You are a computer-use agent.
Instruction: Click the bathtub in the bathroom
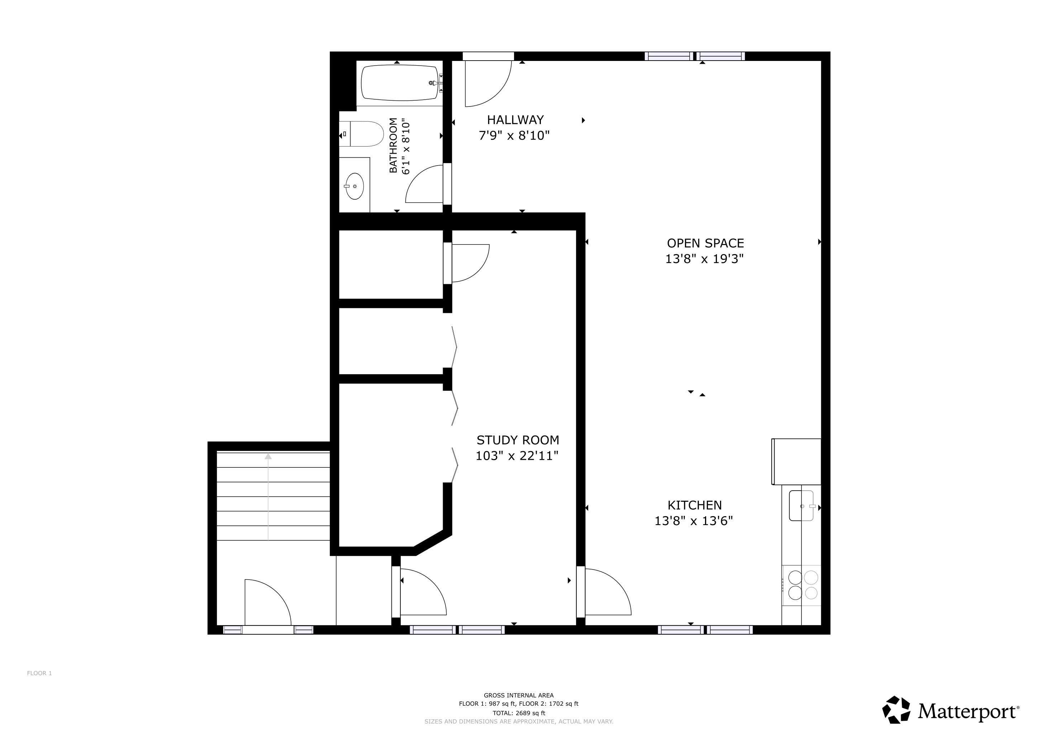pyautogui.click(x=400, y=83)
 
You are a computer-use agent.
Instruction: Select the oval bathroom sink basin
pyautogui.click(x=354, y=186)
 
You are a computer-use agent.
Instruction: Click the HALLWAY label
pyautogui.click(x=515, y=120)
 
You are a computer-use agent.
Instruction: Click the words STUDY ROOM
pyautogui.click(x=518, y=440)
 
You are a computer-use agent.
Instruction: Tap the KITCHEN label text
pyautogui.click(x=694, y=505)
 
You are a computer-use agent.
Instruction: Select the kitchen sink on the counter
pyautogui.click(x=801, y=506)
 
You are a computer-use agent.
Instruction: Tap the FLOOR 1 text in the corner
pyautogui.click(x=39, y=673)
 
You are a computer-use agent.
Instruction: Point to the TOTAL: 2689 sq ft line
pyautogui.click(x=519, y=713)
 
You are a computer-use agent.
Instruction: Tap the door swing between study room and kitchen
pyautogui.click(x=608, y=592)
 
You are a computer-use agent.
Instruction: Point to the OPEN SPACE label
pyautogui.click(x=705, y=243)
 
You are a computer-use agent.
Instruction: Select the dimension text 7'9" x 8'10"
pyautogui.click(x=514, y=135)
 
